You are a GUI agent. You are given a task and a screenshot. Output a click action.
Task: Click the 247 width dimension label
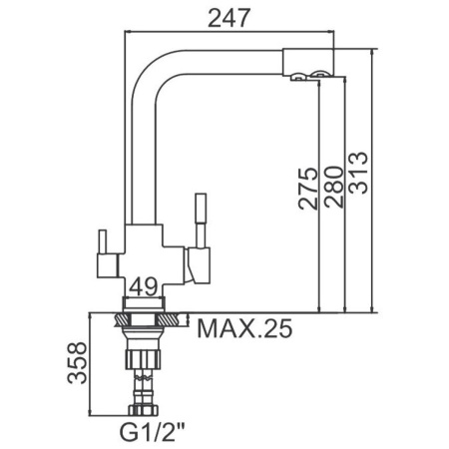(228, 18)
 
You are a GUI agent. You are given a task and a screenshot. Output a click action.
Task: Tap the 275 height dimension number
(308, 189)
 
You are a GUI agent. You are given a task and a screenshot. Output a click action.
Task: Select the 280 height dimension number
(333, 187)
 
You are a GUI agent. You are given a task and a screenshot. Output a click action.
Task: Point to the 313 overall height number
(358, 173)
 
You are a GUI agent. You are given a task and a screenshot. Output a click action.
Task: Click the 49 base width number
(143, 286)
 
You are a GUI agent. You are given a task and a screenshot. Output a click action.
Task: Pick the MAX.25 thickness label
(244, 328)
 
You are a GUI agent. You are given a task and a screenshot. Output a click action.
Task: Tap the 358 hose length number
(77, 363)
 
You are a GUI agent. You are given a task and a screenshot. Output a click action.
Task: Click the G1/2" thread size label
(152, 432)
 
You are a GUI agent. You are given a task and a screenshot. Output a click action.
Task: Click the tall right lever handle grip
(201, 208)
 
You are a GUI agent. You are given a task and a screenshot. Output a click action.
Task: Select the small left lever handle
(103, 241)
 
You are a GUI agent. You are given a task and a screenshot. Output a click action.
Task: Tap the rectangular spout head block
(308, 62)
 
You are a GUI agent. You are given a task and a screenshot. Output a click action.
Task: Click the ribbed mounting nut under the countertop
(143, 359)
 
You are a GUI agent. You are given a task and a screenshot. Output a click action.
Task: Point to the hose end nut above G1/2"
(144, 410)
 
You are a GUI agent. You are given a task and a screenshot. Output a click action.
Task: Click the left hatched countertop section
(122, 320)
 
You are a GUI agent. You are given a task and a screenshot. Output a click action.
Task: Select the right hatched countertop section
(169, 320)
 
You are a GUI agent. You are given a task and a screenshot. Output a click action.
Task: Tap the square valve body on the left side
(107, 265)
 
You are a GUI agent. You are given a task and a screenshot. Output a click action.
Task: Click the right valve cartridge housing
(198, 265)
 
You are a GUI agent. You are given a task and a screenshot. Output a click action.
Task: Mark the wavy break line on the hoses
(143, 378)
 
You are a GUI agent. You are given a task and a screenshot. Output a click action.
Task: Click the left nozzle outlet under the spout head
(297, 77)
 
